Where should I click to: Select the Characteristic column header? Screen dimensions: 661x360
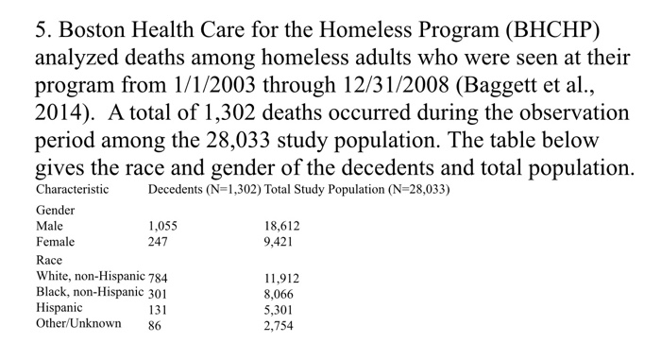[72, 190]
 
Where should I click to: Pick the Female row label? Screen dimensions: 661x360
[55, 242]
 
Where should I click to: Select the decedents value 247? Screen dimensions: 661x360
[158, 242]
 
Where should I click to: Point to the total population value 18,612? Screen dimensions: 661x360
[284, 227]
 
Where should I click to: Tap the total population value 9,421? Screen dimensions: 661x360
[281, 242]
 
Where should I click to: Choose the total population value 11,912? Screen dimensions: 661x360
[284, 278]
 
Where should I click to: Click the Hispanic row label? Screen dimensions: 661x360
[59, 307]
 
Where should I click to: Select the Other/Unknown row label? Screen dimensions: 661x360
[78, 323]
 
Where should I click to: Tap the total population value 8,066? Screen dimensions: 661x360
[281, 293]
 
